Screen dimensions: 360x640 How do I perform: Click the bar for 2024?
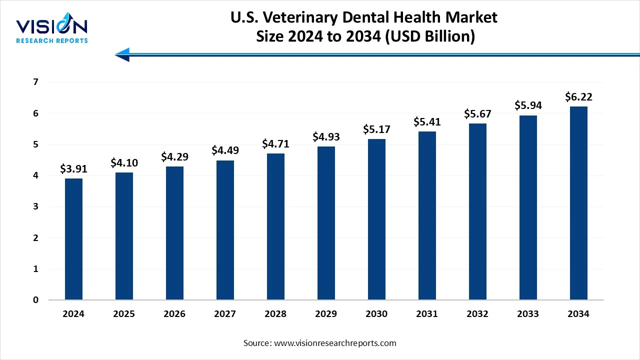coord(73,239)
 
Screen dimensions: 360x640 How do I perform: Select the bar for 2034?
coord(578,203)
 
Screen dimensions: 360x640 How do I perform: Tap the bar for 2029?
coord(326,223)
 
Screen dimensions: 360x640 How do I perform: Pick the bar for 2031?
coord(427,215)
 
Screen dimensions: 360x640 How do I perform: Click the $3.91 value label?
coord(73,169)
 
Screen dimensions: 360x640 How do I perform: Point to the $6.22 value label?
coord(578,96)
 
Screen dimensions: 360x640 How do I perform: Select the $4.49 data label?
coord(225,150)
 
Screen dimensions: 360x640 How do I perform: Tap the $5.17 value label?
coord(376,129)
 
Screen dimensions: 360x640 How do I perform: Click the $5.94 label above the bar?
coord(528,105)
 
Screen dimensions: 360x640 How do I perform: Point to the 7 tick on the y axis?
coord(35,82)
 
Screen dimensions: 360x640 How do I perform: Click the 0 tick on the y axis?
coord(35,300)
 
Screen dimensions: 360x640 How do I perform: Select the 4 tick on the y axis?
coord(35,175)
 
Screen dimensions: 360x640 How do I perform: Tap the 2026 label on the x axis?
coord(174,314)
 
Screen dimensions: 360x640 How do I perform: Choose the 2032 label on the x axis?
coord(477,314)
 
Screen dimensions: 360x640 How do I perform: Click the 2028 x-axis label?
coord(275,314)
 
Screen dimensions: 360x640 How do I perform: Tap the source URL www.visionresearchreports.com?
coord(335,343)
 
